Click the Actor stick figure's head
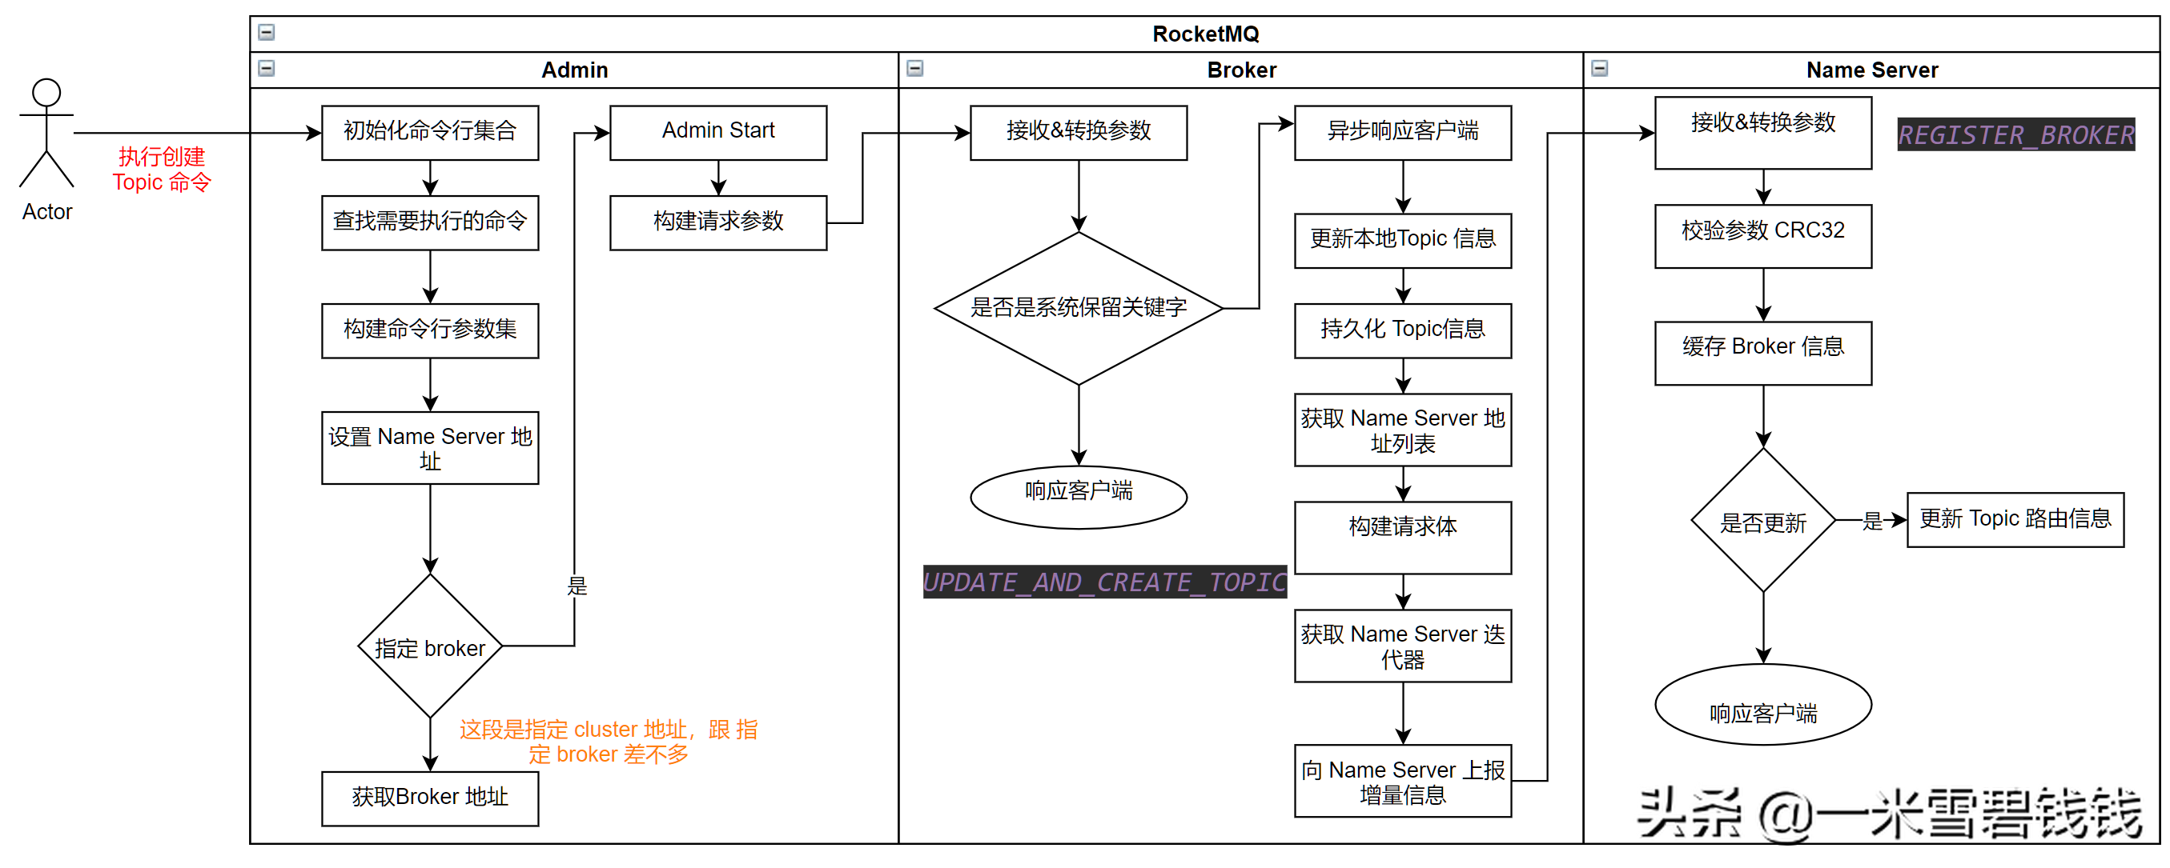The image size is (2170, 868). [46, 93]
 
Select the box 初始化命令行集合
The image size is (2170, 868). [430, 132]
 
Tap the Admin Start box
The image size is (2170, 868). [717, 132]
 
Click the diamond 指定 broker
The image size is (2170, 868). [430, 646]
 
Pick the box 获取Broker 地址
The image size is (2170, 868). [430, 798]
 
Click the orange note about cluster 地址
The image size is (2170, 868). [608, 741]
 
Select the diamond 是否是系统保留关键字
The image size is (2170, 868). [1079, 308]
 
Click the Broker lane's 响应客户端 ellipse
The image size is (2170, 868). [1079, 497]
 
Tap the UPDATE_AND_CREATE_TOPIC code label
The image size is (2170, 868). [1104, 582]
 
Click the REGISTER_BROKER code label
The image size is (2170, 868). [2015, 134]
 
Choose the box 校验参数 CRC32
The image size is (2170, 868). [1762, 236]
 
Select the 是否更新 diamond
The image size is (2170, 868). [1762, 521]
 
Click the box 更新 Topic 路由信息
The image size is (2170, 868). [2014, 519]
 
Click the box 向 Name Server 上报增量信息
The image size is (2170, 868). [1403, 781]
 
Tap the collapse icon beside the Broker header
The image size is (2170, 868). [914, 69]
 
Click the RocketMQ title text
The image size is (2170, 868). [1204, 34]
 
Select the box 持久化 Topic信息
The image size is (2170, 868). [1403, 330]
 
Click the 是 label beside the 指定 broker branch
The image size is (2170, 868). [577, 585]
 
